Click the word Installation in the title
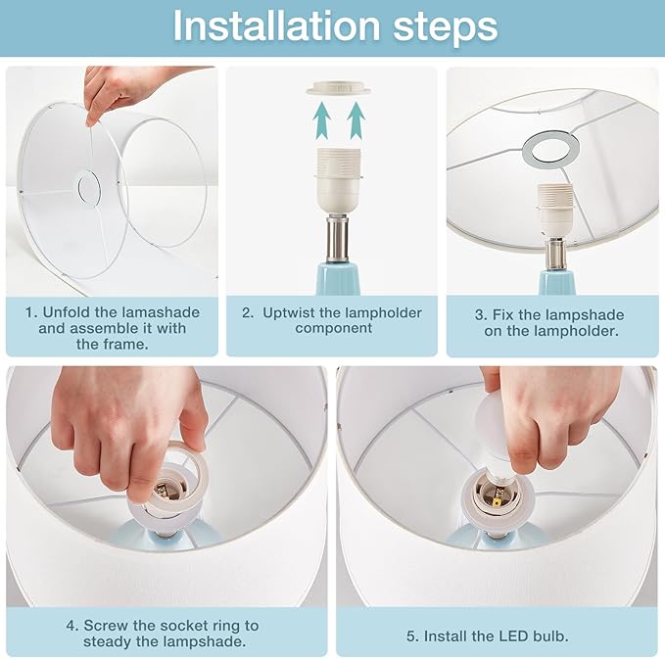click(276, 26)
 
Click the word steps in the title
click(446, 28)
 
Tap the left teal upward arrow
click(322, 120)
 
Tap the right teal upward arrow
click(356, 120)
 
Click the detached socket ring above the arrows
click(339, 88)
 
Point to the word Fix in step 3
click(503, 315)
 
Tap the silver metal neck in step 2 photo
click(338, 238)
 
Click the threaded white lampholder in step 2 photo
click(339, 180)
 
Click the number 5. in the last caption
click(412, 636)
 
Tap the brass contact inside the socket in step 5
click(497, 502)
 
